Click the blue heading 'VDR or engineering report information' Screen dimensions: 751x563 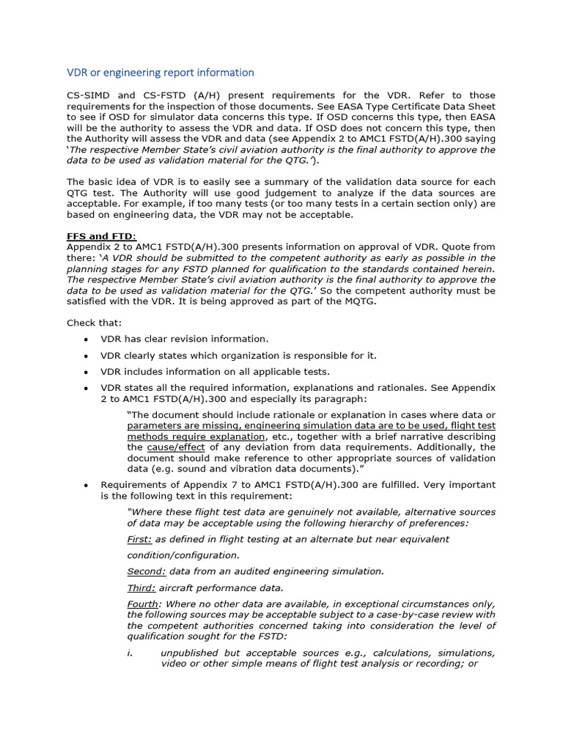coord(161,73)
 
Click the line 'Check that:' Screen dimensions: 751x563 coord(95,323)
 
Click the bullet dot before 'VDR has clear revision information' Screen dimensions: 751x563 coord(87,340)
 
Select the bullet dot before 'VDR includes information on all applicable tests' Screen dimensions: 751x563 coord(87,373)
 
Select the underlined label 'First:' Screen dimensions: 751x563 coord(139,539)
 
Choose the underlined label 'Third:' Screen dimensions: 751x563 coord(141,587)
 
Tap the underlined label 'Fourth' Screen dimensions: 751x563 coord(143,604)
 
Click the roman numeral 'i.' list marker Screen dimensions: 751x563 coord(130,653)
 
